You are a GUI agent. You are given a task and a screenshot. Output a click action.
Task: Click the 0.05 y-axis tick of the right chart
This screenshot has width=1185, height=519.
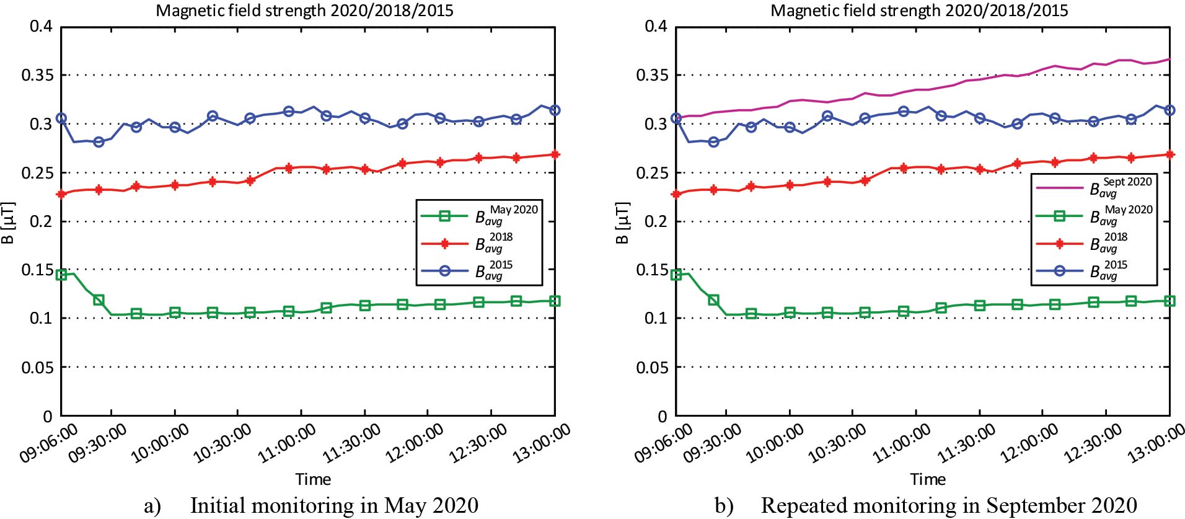[652, 367]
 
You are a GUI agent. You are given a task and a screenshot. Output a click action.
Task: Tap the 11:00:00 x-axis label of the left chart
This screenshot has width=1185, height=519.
[286, 444]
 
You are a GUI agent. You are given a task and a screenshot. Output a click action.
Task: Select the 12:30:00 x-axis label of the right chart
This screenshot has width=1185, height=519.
[1093, 444]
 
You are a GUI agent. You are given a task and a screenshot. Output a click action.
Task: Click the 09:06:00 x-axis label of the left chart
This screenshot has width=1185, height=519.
[48, 444]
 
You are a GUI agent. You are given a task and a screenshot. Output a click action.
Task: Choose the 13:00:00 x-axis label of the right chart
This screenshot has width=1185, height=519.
[1156, 444]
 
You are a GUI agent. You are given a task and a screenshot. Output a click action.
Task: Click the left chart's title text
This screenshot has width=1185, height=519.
[304, 11]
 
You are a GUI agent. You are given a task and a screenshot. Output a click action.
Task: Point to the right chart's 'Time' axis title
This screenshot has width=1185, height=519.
[928, 479]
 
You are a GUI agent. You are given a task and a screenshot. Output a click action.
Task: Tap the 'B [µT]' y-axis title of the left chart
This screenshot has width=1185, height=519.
[7, 222]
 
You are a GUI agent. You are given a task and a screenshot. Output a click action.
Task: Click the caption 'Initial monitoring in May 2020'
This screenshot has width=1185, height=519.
[334, 505]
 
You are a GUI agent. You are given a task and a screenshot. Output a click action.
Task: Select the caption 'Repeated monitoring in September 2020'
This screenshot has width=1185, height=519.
[949, 505]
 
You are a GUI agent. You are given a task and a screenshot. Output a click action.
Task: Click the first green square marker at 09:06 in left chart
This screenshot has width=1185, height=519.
[61, 275]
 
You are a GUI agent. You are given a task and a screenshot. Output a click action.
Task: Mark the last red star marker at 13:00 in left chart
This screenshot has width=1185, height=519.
[555, 154]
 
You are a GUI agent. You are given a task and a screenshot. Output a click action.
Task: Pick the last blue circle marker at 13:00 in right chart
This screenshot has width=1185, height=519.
[1170, 110]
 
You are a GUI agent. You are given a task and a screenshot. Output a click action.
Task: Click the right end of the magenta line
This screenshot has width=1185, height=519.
[1170, 60]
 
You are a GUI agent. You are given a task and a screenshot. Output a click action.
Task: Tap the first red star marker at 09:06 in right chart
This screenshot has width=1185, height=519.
[676, 194]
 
